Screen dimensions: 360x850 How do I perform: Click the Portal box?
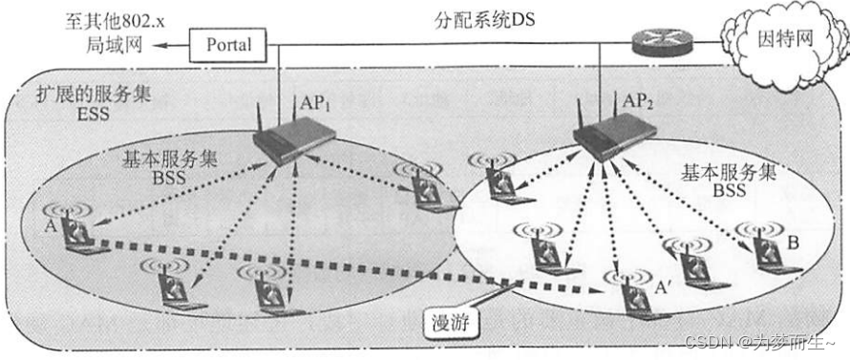pyautogui.click(x=229, y=44)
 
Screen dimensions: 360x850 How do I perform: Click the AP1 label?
pyautogui.click(x=315, y=104)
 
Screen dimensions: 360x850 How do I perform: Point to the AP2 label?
pyautogui.click(x=638, y=99)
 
